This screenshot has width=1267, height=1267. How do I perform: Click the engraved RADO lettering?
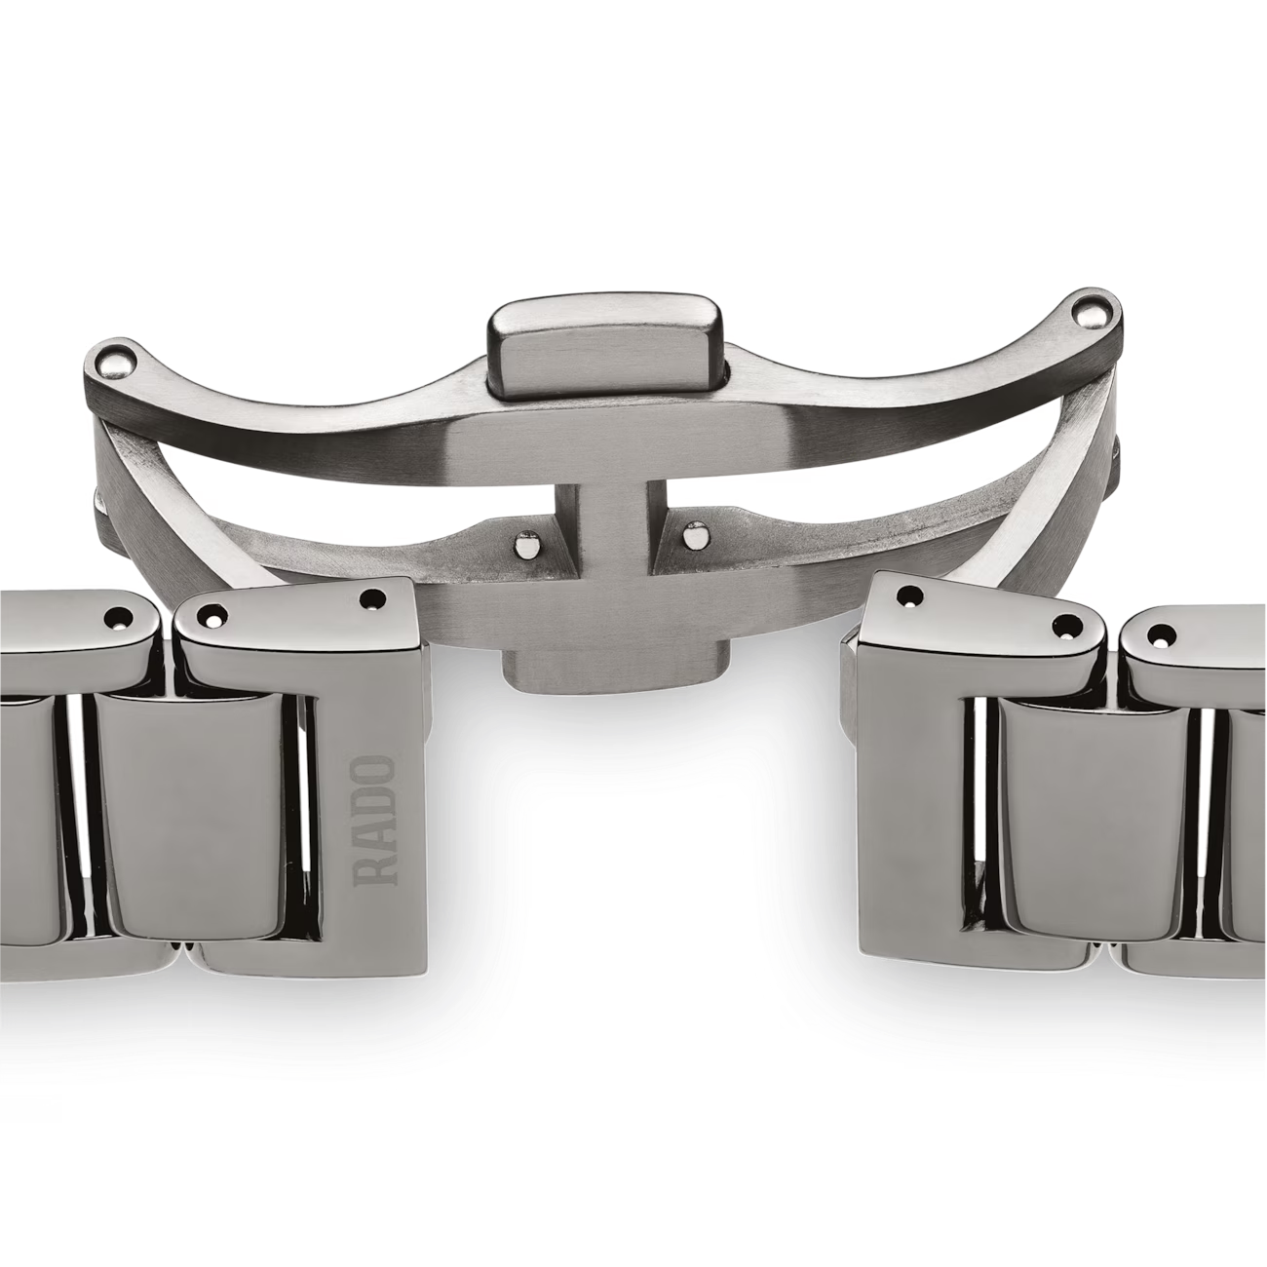pyautogui.click(x=374, y=821)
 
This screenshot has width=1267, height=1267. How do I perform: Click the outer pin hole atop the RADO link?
pyautogui.click(x=215, y=617)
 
